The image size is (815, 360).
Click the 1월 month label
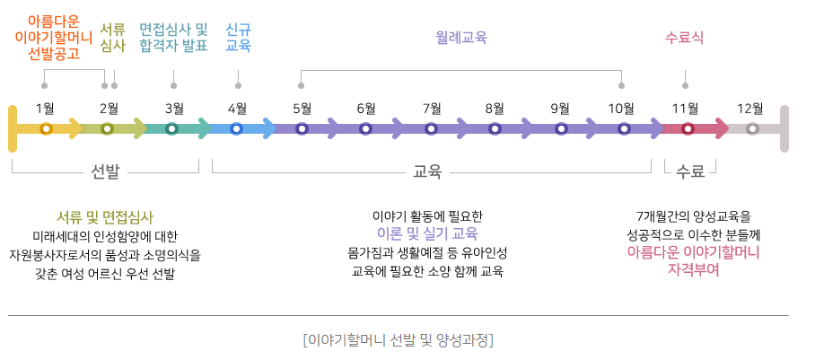tap(45, 109)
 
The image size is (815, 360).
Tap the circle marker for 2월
tap(108, 128)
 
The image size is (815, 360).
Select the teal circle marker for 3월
tap(172, 128)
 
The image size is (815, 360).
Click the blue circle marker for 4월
tap(237, 128)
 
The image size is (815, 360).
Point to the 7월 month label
tap(431, 109)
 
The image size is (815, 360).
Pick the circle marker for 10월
tap(624, 128)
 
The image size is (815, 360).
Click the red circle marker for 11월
tap(688, 128)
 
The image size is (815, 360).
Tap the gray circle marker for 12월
tap(752, 128)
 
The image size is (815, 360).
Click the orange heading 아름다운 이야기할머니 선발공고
tap(54, 36)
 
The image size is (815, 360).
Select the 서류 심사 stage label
tap(112, 37)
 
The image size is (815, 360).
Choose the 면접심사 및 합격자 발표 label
tap(173, 37)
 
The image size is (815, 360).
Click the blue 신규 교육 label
tap(238, 37)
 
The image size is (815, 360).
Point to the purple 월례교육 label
tap(460, 37)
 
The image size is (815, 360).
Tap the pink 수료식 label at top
tap(685, 37)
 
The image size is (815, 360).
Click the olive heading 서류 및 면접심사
tap(105, 217)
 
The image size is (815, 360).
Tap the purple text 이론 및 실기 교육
tap(427, 233)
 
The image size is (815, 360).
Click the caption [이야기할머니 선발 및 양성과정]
tap(399, 340)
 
